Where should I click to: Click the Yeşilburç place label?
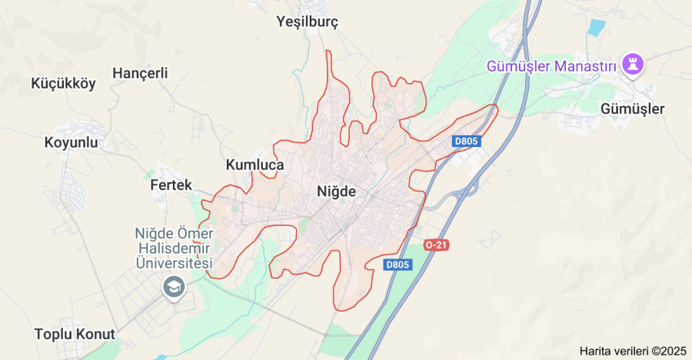(x=308, y=22)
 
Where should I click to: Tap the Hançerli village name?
(x=140, y=73)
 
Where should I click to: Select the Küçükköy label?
(x=63, y=84)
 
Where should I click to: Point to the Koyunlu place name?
(x=72, y=142)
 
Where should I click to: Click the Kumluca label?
(x=255, y=165)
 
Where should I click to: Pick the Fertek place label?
(x=171, y=185)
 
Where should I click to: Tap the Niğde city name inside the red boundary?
(x=337, y=192)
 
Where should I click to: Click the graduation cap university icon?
(x=174, y=288)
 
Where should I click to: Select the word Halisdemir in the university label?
(x=173, y=248)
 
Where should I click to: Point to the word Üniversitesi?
(x=173, y=264)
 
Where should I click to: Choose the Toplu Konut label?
(x=75, y=334)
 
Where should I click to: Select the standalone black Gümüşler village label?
(x=633, y=108)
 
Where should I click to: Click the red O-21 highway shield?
(x=436, y=245)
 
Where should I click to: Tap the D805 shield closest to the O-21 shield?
(x=398, y=265)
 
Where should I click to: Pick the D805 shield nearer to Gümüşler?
(x=466, y=141)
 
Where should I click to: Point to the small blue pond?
(x=596, y=27)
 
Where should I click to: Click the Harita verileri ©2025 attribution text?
(x=633, y=351)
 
